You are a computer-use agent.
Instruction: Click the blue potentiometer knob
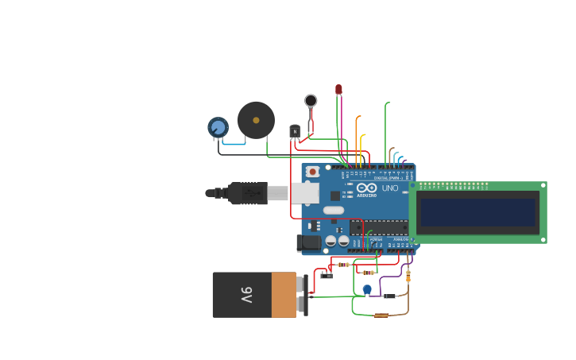tap(218, 126)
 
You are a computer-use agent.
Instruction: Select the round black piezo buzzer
tap(256, 120)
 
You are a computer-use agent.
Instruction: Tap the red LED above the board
tap(338, 90)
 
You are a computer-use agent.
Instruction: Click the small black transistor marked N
tap(295, 130)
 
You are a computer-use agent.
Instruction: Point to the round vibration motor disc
tap(311, 100)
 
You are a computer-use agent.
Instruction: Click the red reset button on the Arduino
tap(313, 171)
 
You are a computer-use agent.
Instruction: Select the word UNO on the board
tap(390, 188)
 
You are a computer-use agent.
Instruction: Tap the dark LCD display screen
tap(478, 212)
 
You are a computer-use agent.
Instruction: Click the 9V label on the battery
tap(246, 295)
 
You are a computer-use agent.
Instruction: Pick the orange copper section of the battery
tap(284, 295)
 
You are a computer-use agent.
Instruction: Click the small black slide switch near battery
tap(327, 276)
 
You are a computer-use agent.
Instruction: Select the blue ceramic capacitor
tap(366, 289)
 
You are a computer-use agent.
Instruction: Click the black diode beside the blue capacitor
tap(389, 296)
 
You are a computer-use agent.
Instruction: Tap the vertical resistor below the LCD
tap(408, 276)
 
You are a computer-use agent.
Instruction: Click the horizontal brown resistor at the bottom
tap(381, 315)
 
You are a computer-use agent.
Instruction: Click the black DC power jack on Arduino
tap(308, 243)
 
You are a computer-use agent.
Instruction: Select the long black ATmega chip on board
tap(377, 227)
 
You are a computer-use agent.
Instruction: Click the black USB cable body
tap(246, 193)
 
